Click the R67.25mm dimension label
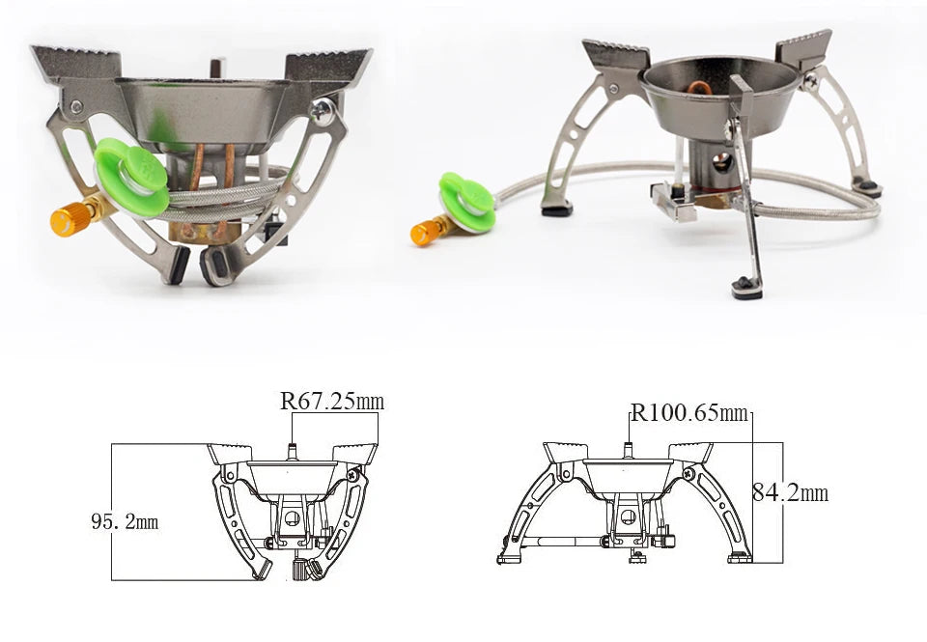coord(332,402)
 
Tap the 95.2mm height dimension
coord(125,522)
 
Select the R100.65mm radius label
coord(690,413)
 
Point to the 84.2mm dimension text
coord(790,493)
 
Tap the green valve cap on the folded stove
coord(131,174)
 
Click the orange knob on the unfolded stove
coord(423,233)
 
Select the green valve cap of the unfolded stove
coord(466,203)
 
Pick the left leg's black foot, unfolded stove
coord(556,208)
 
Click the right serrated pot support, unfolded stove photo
coord(803,48)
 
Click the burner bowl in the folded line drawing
coord(292,475)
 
